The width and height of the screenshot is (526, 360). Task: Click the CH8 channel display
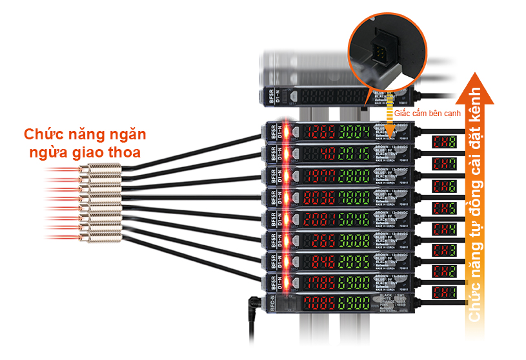[445, 141]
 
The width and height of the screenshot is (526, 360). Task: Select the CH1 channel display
[445, 292]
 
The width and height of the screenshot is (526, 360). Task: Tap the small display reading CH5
[445, 207]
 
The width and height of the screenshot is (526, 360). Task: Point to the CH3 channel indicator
[445, 249]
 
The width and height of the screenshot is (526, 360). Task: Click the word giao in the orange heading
[98, 154]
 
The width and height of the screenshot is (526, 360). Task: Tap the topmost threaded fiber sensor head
[100, 172]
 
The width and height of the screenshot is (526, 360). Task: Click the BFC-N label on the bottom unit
[272, 304]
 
